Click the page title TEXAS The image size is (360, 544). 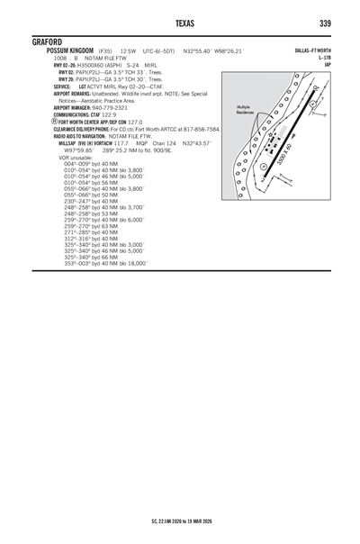(179, 23)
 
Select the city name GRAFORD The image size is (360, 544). (47, 41)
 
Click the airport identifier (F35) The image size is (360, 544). (105, 51)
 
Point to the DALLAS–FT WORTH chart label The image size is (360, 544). (312, 51)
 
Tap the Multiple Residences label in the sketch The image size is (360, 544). (247, 109)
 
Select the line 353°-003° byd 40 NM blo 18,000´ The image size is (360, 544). (106, 263)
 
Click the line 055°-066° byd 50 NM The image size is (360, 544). (91, 194)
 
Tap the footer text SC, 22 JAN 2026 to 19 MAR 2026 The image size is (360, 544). (180, 521)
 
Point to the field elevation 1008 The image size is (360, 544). (61, 58)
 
